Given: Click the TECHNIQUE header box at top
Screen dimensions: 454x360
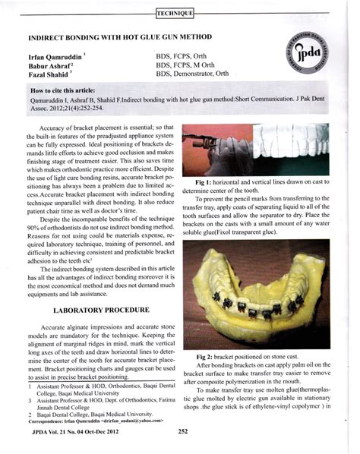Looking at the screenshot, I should pyautogui.click(x=174, y=13).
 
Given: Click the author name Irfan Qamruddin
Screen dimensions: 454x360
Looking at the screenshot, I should pyautogui.click(x=57, y=57).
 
